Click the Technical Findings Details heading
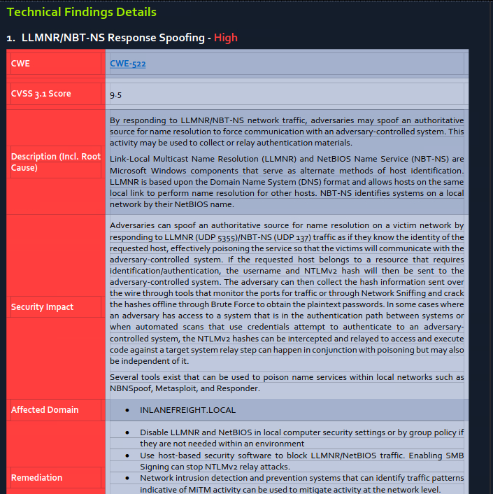click(81, 12)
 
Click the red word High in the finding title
click(226, 38)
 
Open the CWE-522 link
click(127, 64)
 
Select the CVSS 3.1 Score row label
click(41, 94)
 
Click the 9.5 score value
click(116, 94)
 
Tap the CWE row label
click(20, 64)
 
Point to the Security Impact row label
click(42, 306)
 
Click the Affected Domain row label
click(45, 409)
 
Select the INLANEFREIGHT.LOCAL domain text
click(187, 409)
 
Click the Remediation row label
click(36, 477)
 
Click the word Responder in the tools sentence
click(240, 388)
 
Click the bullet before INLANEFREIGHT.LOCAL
click(125, 409)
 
